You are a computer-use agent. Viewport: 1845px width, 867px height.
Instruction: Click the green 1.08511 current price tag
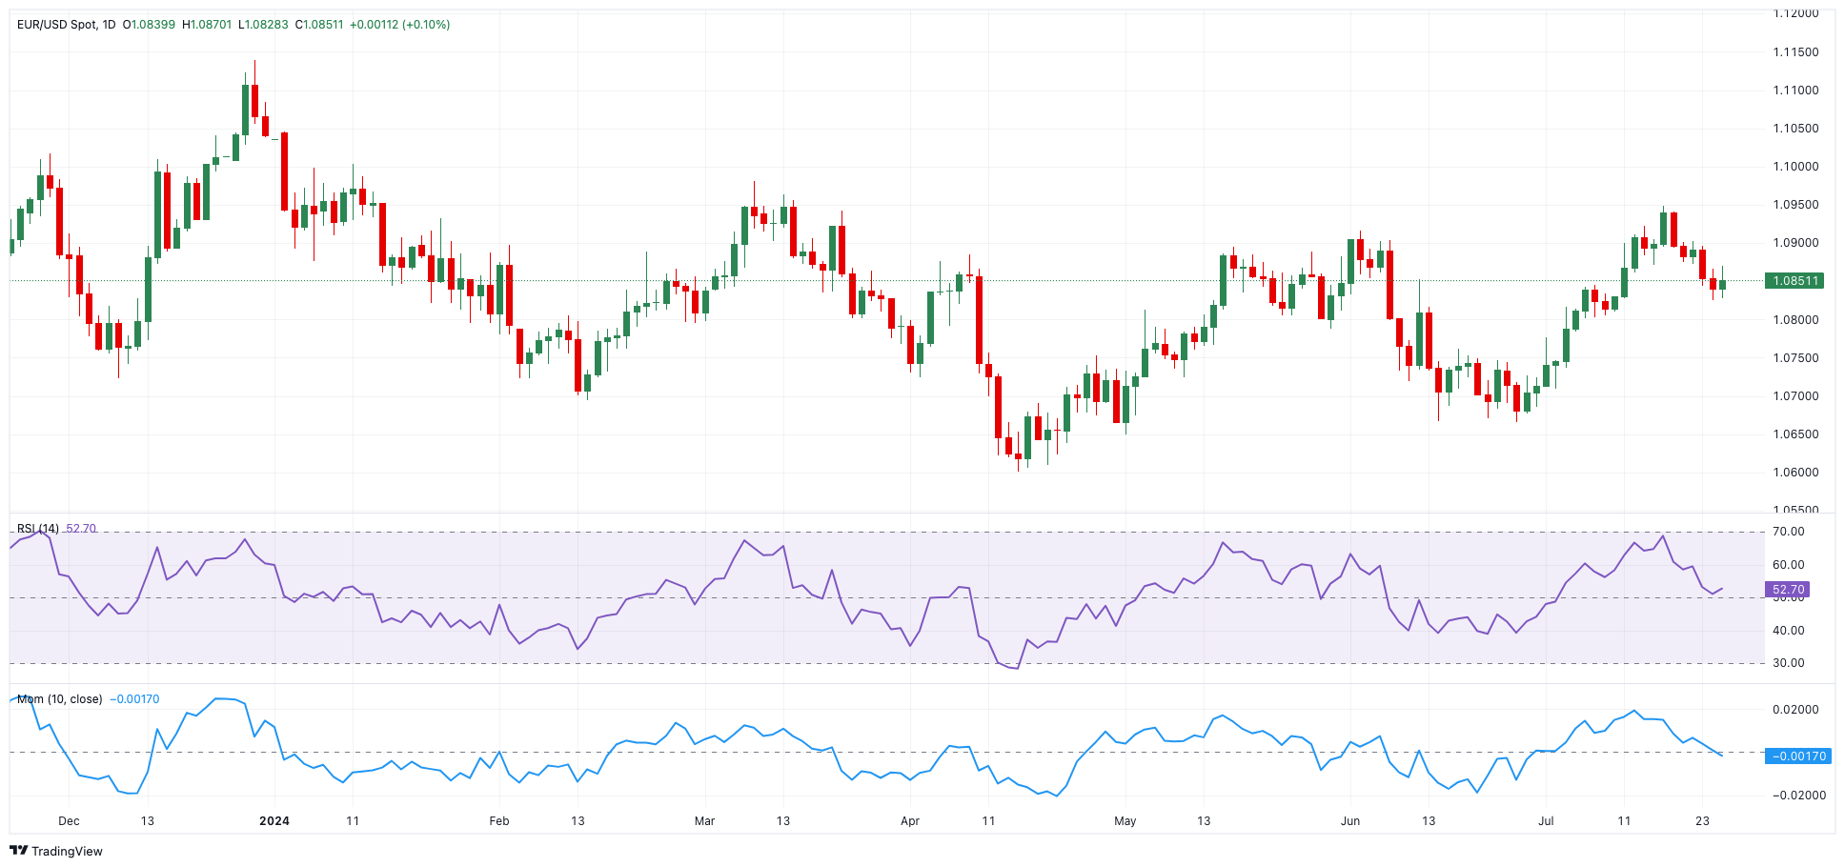1794,281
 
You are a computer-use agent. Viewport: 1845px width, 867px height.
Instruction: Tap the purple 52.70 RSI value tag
1788,590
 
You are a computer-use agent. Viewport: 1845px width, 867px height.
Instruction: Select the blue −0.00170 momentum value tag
1796,756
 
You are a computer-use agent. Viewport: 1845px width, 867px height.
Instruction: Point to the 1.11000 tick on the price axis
1795,91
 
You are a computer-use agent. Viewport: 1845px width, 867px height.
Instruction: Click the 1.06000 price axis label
1795,473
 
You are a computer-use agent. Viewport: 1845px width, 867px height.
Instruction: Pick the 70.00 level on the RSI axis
1788,532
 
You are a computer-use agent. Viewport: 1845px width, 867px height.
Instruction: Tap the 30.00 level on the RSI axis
1788,663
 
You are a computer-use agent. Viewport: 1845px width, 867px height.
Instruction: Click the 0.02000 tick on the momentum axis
1795,710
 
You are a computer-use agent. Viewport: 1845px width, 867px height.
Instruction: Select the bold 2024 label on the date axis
274,820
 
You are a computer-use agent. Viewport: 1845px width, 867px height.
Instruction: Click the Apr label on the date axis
910,820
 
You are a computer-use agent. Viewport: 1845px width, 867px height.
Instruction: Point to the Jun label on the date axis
1350,820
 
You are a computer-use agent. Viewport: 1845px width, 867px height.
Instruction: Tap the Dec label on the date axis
69,820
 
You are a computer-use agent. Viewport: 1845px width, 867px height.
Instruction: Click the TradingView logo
56,851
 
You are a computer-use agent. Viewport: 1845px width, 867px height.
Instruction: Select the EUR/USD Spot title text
57,25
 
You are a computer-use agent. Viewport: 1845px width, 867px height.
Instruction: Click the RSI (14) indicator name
38,529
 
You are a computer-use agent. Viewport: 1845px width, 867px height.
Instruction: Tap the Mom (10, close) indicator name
59,699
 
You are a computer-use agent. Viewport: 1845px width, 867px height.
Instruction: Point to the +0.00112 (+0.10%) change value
399,25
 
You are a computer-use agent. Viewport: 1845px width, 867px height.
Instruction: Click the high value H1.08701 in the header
207,25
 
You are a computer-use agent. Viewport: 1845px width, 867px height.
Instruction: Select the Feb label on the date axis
499,820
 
